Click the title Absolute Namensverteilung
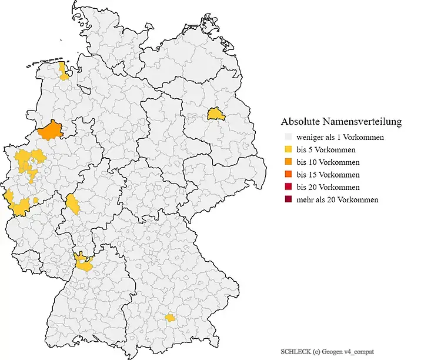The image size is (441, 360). pos(341,122)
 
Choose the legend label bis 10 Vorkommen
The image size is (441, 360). pos(327,162)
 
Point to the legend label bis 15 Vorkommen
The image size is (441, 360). pos(327,175)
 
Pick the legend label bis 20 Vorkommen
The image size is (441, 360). pos(327,187)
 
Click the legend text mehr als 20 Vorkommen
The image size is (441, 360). pos(337,199)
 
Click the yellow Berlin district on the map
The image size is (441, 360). pos(216,114)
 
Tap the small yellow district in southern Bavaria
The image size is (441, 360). pos(170,318)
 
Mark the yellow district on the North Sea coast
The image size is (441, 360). pos(64,71)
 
